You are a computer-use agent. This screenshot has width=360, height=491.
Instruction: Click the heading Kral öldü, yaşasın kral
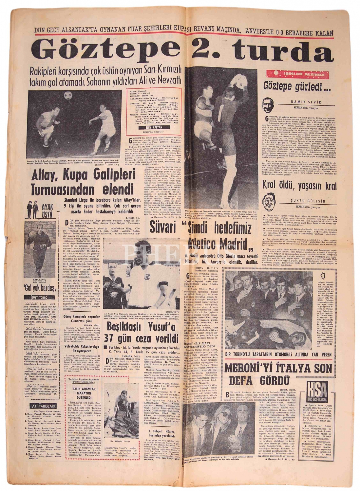coord(300,186)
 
